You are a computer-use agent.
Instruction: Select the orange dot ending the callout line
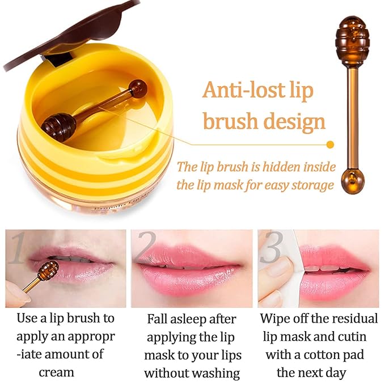pyautogui.click(x=331, y=144)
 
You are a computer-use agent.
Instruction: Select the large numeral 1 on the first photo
pyautogui.click(x=18, y=249)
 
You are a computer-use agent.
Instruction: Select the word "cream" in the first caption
pyautogui.click(x=56, y=372)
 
